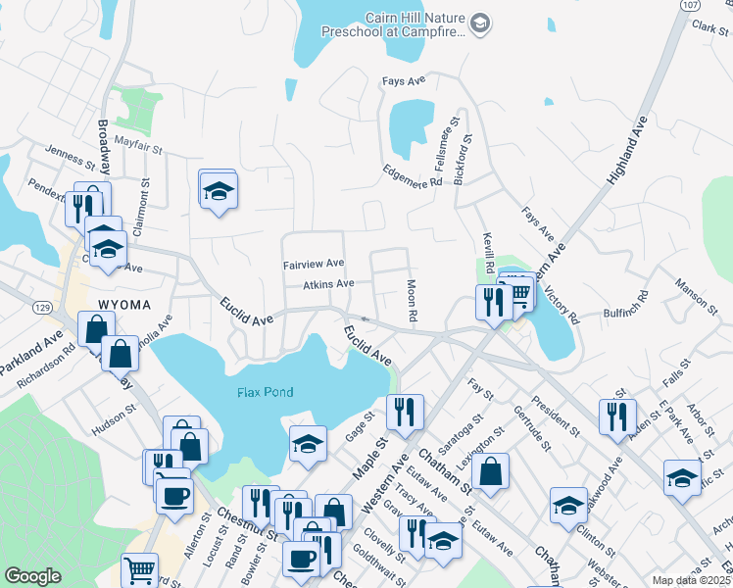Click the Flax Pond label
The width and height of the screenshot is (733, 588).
[265, 392]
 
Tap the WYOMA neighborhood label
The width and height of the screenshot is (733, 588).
[123, 305]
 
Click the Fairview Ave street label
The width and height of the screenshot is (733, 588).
[313, 264]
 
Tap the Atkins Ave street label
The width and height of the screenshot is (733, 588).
[328, 284]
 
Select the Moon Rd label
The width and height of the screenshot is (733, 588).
[413, 301]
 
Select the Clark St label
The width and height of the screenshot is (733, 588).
[704, 31]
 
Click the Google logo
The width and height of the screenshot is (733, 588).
[32, 575]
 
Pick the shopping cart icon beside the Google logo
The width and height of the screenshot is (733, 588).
[140, 568]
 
